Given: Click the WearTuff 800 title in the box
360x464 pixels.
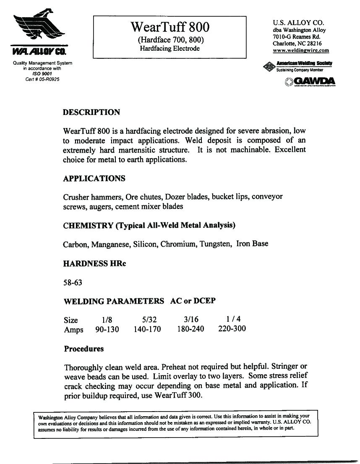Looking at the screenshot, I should [170, 27].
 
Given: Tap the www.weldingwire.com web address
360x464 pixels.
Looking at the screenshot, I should [301, 50].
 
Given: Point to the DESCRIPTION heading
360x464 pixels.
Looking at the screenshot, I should [91, 112].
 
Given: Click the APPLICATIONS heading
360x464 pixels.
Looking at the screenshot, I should [94, 178].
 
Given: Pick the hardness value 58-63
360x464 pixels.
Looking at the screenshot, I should [73, 282].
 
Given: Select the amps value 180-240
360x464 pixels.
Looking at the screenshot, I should [190, 329].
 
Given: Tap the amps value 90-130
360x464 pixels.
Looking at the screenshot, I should [107, 329].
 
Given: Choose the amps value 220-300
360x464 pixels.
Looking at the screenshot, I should [232, 329].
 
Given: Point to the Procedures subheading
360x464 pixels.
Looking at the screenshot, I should [83, 349].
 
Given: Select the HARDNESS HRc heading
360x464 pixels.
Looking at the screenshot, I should [94, 264].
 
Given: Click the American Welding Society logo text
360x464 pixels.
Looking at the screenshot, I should [304, 63].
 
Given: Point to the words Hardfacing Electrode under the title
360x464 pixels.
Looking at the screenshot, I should [170, 49].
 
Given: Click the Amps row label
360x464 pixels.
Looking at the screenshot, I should [73, 329].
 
